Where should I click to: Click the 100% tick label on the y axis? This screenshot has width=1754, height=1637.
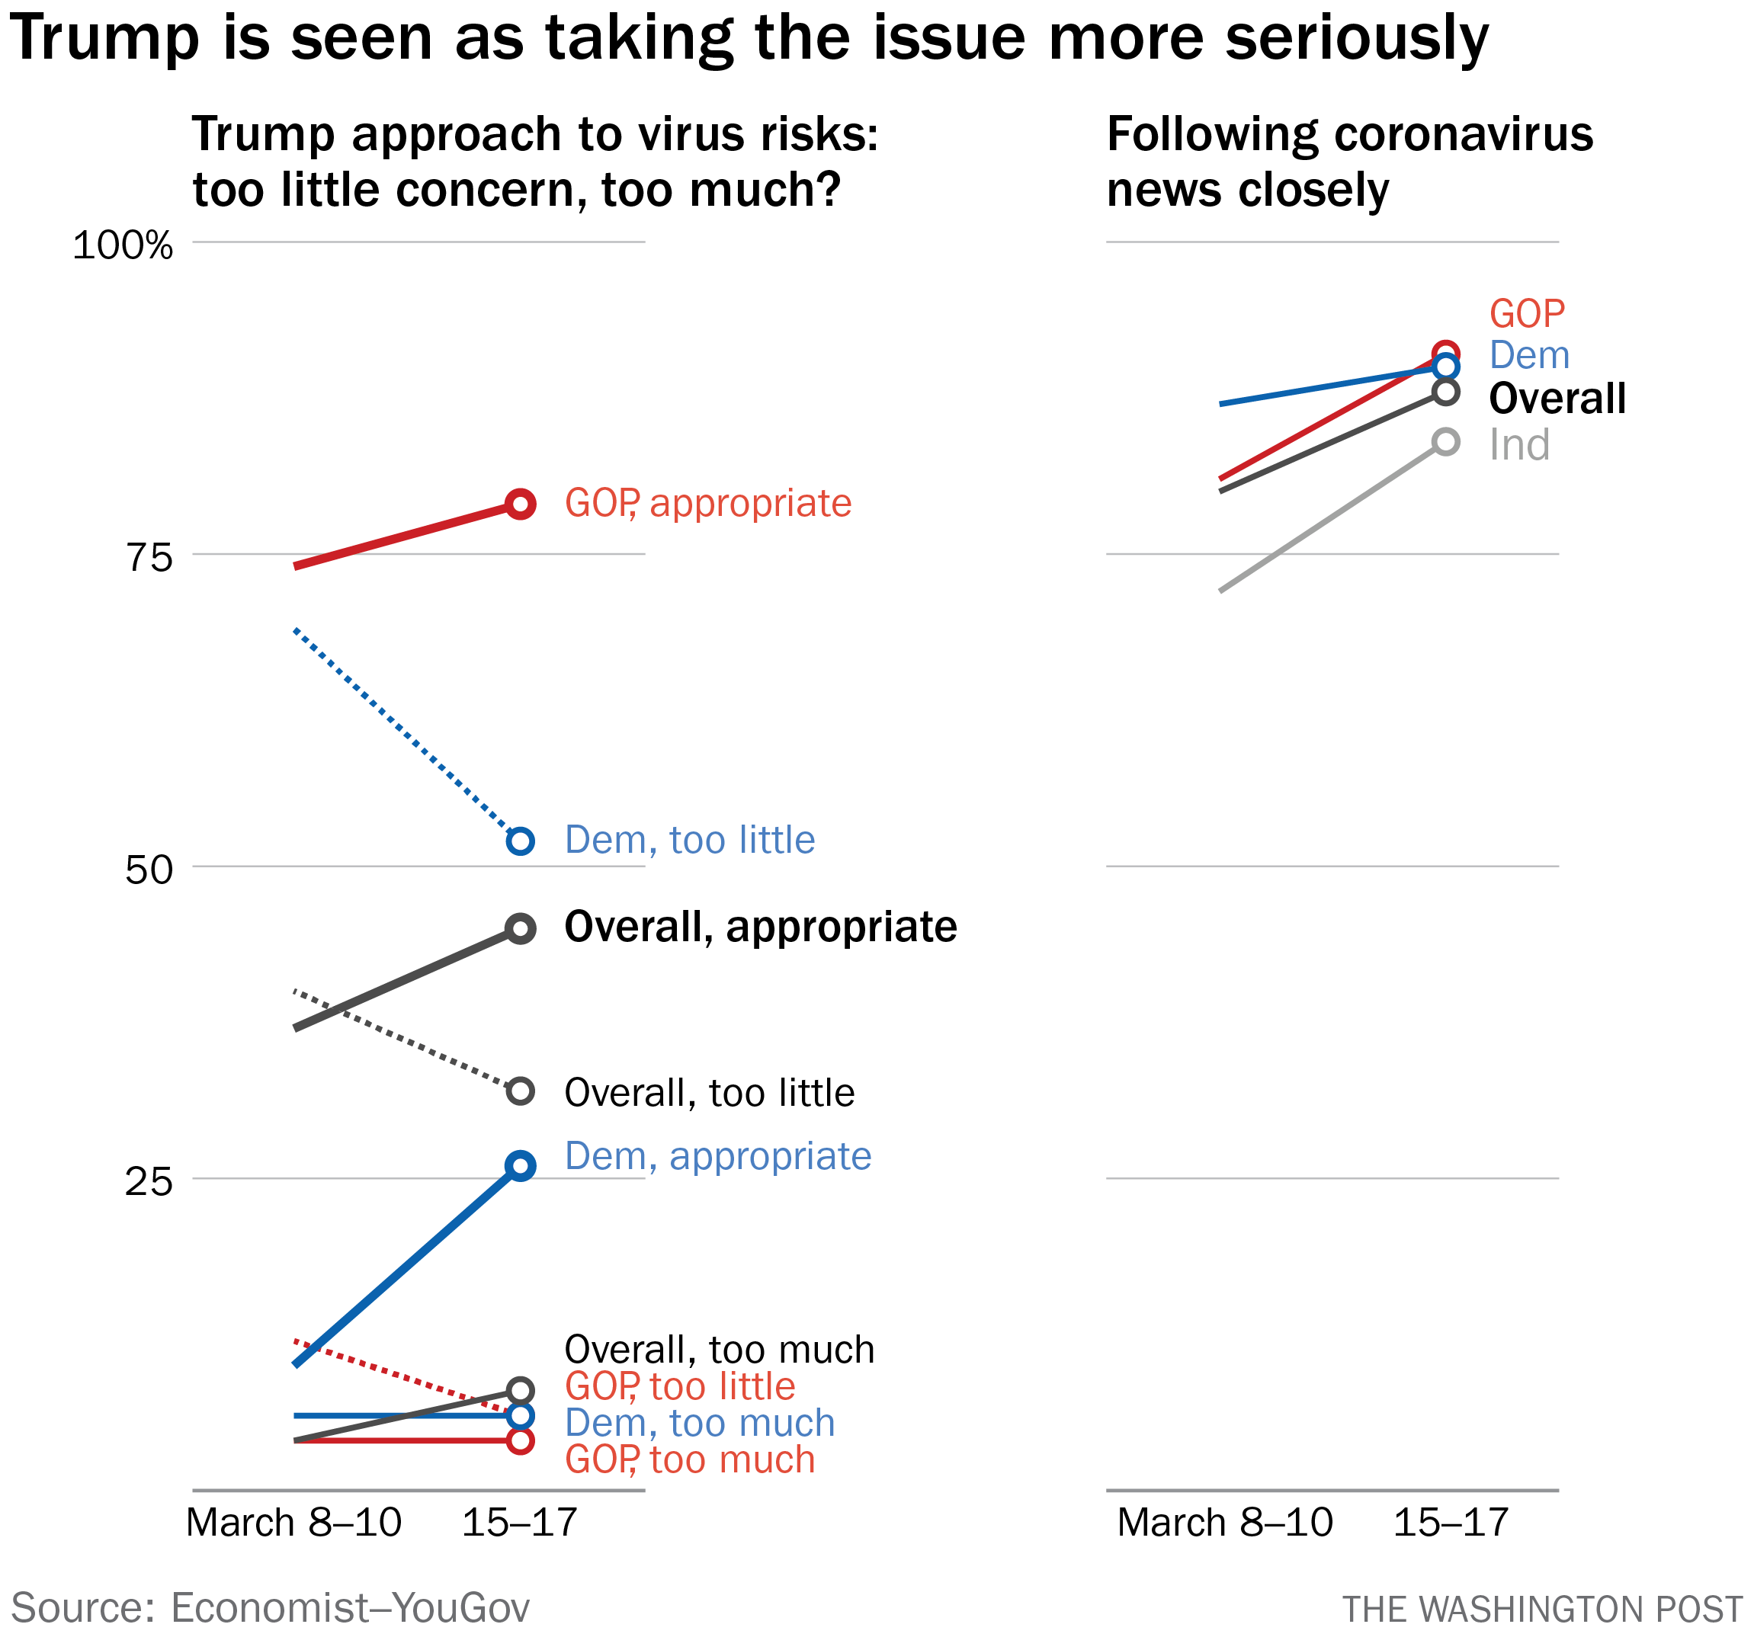[123, 245]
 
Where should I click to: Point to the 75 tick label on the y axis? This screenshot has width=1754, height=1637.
[148, 557]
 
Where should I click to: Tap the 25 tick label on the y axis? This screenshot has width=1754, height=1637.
[148, 1182]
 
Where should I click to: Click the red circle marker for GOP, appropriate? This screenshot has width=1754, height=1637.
[521, 505]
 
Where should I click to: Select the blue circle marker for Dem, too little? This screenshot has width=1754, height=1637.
[521, 841]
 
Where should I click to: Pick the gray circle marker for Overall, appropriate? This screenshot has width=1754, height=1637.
[521, 929]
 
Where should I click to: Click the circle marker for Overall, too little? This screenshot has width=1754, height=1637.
[521, 1091]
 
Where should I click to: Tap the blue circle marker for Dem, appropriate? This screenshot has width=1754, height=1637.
[521, 1166]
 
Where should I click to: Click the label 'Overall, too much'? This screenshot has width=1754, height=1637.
[719, 1350]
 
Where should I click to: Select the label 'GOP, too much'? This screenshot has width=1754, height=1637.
[689, 1459]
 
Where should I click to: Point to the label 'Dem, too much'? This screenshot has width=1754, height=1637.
[699, 1423]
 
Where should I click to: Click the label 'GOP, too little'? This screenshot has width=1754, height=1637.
[679, 1386]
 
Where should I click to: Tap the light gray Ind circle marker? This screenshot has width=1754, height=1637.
[1445, 442]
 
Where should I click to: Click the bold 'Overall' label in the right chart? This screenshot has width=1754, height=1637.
[1557, 399]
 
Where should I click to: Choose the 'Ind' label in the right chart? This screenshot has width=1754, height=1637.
[1518, 445]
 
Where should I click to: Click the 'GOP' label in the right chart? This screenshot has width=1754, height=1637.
[1526, 314]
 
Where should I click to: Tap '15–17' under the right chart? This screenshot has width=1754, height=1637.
[1451, 1523]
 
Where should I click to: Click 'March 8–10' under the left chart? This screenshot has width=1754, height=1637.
[293, 1523]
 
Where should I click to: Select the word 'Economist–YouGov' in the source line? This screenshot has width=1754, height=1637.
[349, 1607]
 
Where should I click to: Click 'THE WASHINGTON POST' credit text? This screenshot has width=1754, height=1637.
[1541, 1610]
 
